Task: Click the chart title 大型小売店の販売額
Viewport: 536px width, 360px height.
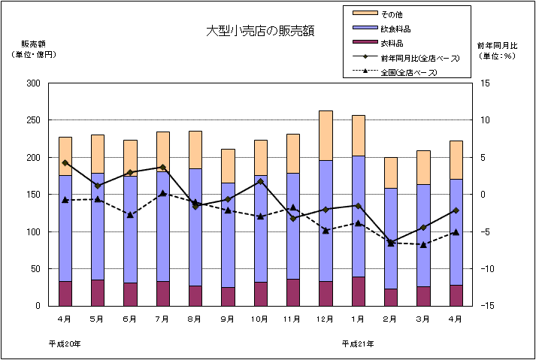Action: coord(260,31)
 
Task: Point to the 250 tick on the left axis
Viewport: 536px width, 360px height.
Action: coord(32,120)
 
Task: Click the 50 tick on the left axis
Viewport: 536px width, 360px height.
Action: coord(35,269)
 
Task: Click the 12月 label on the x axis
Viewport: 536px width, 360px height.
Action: coord(326,319)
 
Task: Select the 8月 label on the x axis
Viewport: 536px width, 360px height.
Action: coord(195,319)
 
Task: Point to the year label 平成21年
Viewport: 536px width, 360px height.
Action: coord(357,343)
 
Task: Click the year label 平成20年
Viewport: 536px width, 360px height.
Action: coord(65,343)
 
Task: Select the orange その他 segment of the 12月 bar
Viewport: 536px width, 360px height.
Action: coord(326,135)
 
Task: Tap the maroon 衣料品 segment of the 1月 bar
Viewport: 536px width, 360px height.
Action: coord(358,292)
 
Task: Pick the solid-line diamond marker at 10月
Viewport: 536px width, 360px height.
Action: coord(260,181)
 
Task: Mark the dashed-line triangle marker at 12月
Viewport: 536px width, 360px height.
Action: coord(326,230)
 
